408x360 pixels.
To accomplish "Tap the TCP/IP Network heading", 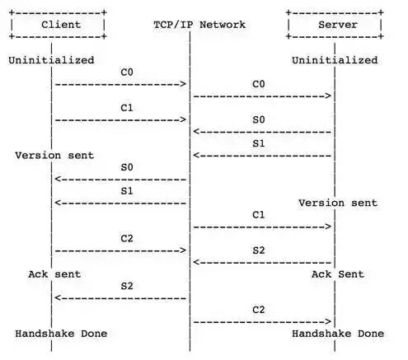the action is point(199,25).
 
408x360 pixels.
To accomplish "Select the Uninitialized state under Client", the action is point(51,60).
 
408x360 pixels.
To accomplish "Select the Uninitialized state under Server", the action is point(335,60).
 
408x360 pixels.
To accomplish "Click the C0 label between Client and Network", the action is point(127,72).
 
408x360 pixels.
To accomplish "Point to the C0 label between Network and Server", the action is point(259,84).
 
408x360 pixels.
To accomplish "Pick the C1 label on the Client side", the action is point(127,108).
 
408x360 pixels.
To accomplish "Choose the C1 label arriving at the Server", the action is point(259,215).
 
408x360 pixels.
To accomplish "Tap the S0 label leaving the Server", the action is point(259,119).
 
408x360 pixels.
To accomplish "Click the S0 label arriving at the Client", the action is point(127,167).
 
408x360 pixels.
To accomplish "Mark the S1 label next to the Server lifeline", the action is point(259,143).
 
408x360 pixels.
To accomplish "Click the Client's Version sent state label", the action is point(54,156).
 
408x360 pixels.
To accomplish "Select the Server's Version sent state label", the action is point(338,203).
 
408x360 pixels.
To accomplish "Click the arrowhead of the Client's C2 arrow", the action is point(183,250).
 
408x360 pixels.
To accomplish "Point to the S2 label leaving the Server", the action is point(259,250).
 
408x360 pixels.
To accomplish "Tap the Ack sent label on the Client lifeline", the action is point(54,274).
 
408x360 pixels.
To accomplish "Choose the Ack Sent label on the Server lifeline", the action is point(338,274).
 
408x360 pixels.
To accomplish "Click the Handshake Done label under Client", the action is point(61,334).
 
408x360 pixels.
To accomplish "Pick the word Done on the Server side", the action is point(371,334).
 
